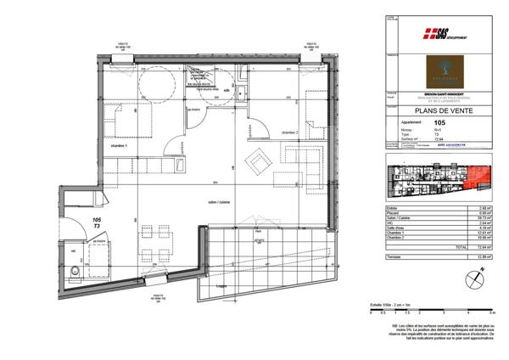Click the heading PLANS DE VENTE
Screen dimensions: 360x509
tap(448, 109)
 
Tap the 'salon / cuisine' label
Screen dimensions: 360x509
tap(218, 202)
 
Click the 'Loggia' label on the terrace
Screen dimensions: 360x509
tap(223, 288)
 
